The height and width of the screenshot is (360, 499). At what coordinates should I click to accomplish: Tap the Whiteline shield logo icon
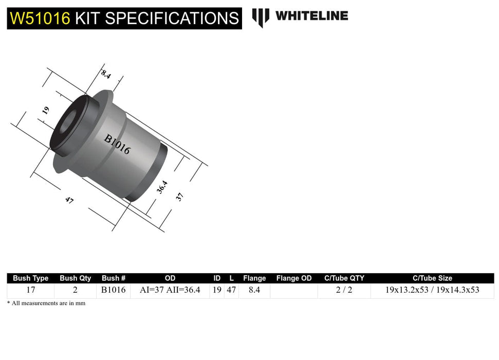coord(260,17)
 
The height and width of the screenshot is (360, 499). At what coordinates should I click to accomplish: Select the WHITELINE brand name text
coord(311,16)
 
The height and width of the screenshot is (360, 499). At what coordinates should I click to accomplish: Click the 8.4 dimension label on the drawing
coord(106,74)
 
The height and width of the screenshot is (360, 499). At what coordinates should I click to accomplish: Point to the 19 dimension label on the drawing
coord(46,110)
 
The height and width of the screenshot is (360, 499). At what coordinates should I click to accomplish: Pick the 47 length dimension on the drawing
coord(69,201)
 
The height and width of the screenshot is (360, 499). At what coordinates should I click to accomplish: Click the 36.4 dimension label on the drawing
coord(162,187)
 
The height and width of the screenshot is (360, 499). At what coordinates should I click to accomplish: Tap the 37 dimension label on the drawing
coord(179,196)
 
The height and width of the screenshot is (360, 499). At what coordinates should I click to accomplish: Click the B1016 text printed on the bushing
coord(117,145)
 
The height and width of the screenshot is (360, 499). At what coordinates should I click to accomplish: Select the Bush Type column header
coord(30,278)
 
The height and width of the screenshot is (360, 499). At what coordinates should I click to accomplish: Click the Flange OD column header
coord(294,278)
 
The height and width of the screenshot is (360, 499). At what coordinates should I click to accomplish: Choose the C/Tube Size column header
coord(432,278)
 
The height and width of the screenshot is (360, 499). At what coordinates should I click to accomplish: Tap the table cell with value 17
coord(30,290)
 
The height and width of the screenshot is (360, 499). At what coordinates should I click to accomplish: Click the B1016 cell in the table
coord(114,290)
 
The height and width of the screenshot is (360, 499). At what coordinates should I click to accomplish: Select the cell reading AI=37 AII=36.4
coord(170,290)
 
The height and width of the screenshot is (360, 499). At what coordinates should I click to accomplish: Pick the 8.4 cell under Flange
coord(254,290)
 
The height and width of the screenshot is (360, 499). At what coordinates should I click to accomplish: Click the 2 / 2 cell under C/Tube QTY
coord(344,290)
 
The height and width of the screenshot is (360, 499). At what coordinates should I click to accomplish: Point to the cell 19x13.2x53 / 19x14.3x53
coord(432,290)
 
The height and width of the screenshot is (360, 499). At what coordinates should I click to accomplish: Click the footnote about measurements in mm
coord(46,303)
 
